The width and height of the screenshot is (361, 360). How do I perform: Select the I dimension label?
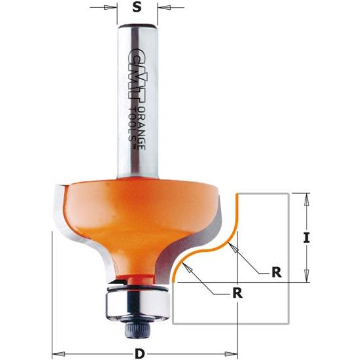coord(305,238)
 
